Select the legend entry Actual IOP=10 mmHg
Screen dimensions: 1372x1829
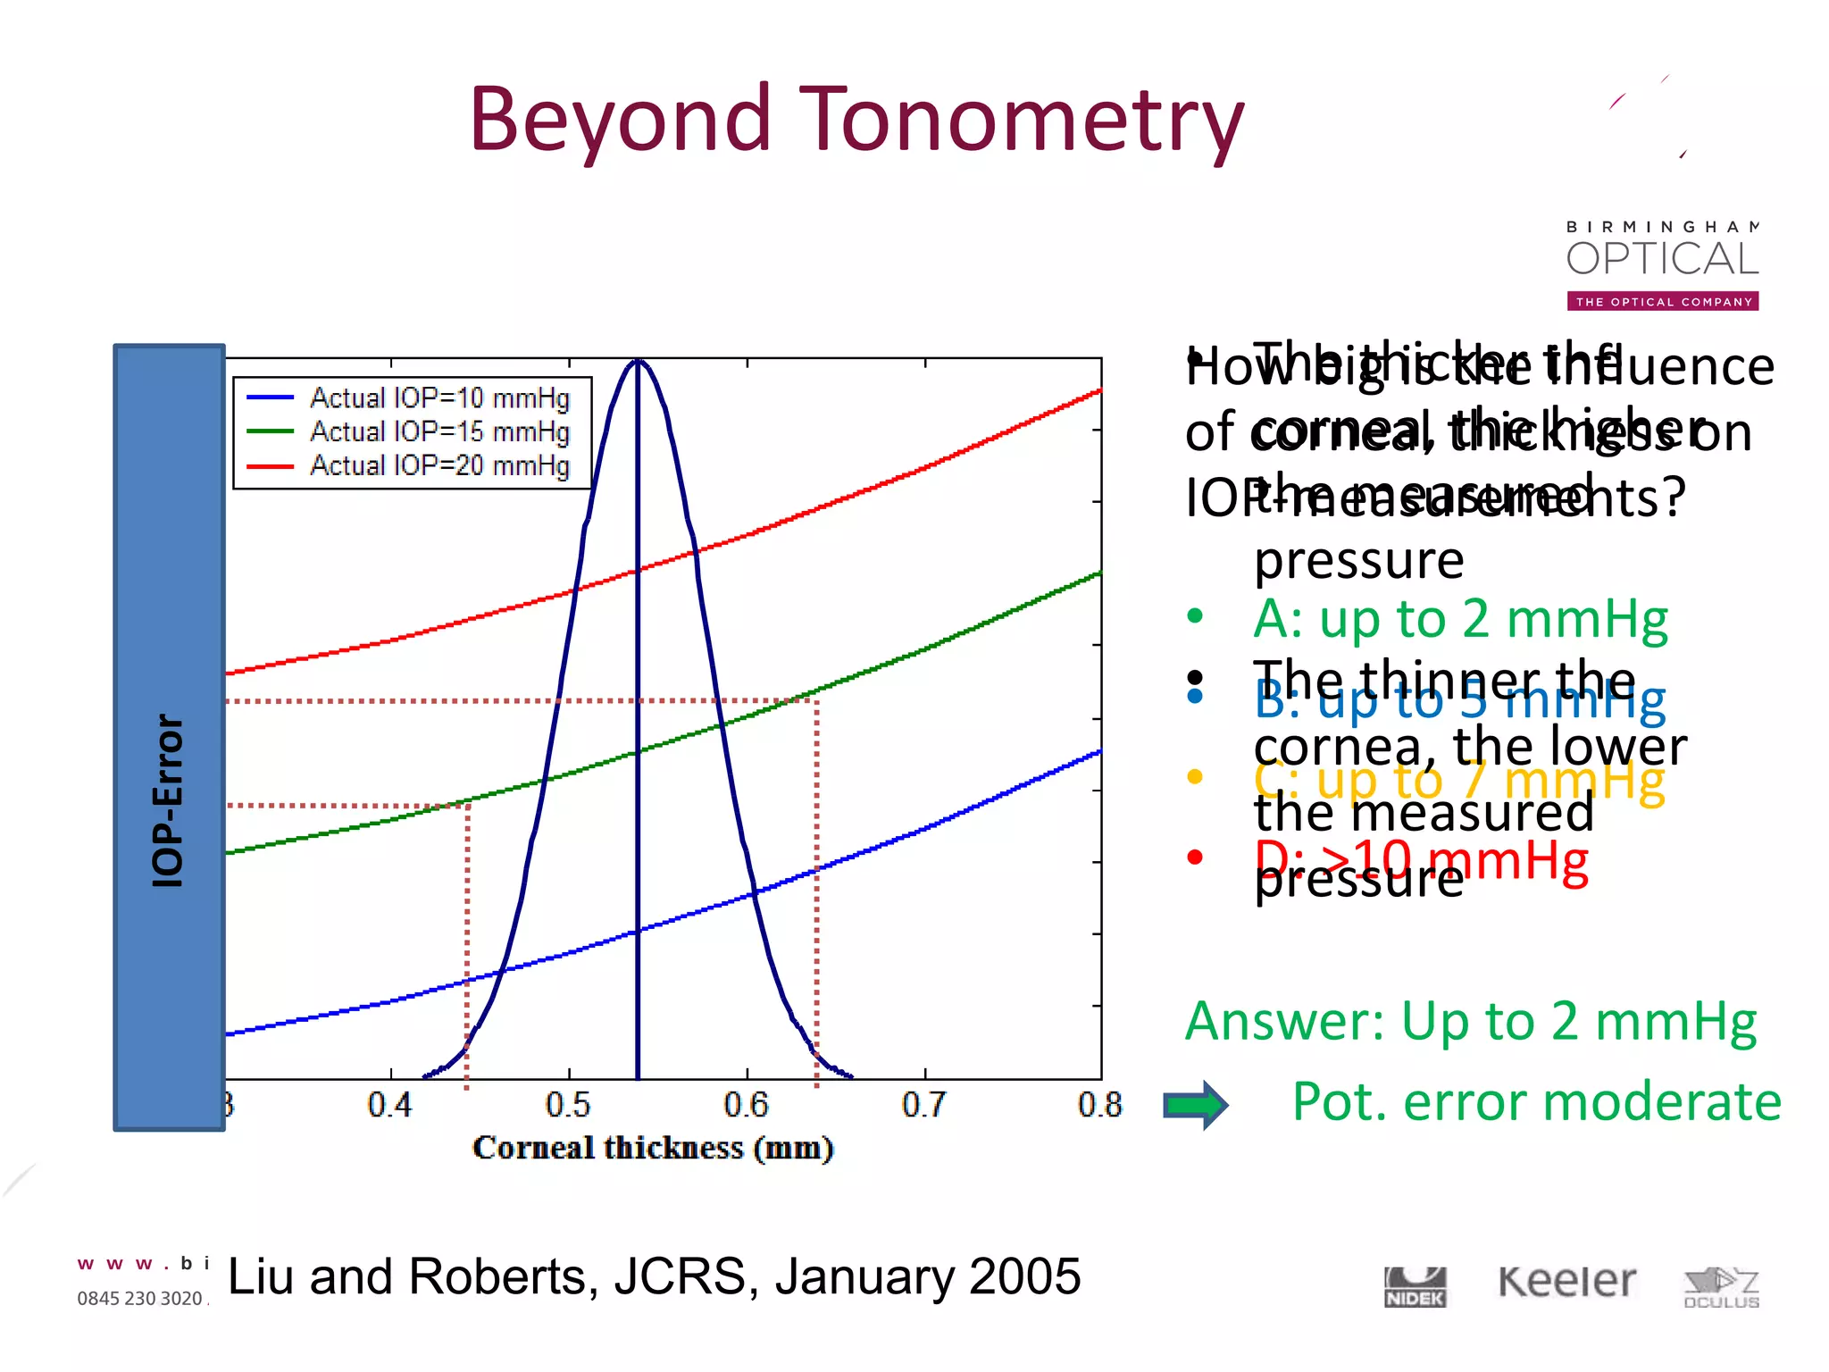[x=438, y=398]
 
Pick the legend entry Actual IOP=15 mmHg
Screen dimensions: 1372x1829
[x=438, y=432]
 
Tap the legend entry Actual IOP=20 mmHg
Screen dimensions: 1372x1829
[x=438, y=466]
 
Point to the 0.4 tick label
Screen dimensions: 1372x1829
[x=390, y=1106]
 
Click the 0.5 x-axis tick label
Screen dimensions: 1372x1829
[x=568, y=1106]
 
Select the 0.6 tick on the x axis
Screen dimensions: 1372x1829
[x=747, y=1106]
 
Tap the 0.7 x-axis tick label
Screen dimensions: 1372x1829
[x=924, y=1106]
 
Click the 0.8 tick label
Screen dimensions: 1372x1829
[x=1099, y=1106]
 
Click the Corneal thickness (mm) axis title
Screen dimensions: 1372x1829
[x=653, y=1148]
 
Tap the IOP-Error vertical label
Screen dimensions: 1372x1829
[x=168, y=799]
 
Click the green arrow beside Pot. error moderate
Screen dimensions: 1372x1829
[x=1196, y=1106]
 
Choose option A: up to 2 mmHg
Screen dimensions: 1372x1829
[x=1459, y=619]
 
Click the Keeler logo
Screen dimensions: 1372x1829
[x=1567, y=1283]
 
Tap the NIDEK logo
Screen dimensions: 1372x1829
[x=1415, y=1287]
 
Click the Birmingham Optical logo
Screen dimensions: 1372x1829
[x=1662, y=264]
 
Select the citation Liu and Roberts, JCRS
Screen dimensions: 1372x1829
[x=654, y=1276]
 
